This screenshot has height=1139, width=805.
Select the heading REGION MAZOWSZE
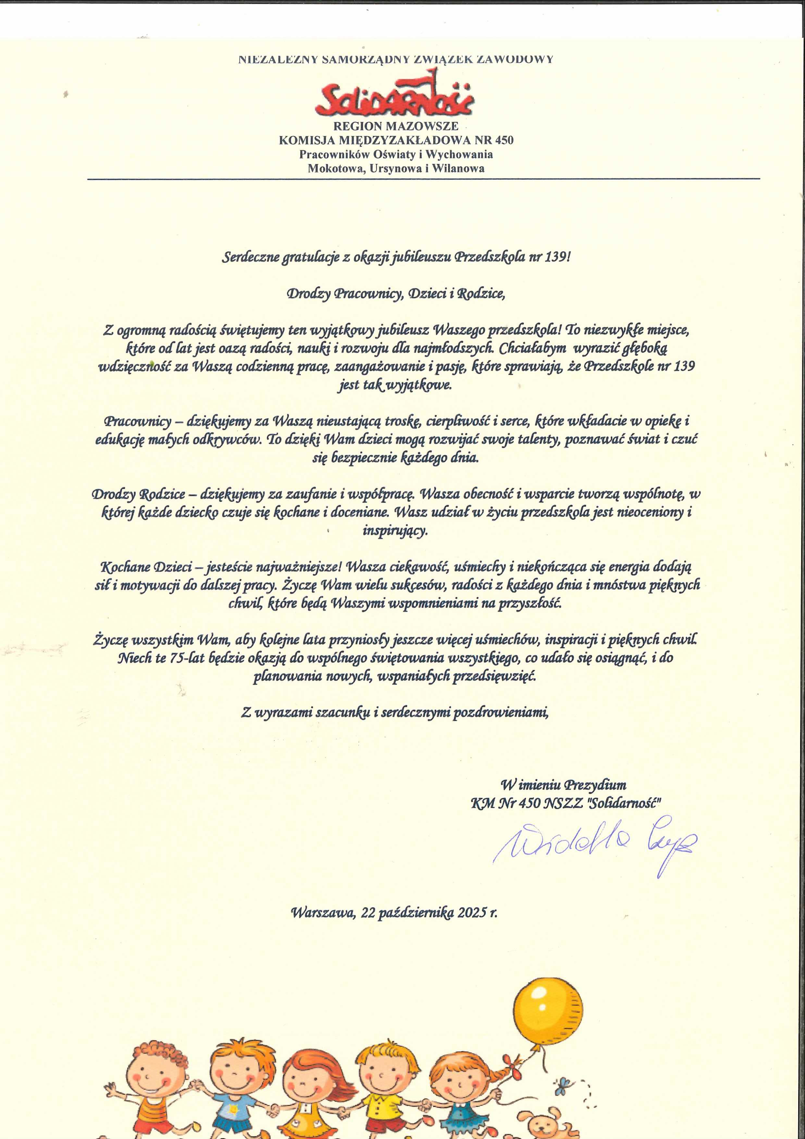tap(396, 126)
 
